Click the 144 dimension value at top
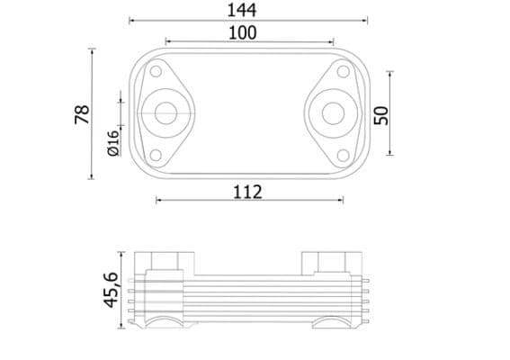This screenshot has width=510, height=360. click(x=243, y=10)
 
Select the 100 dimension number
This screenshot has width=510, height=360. click(x=243, y=32)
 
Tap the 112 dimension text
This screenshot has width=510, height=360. click(x=246, y=191)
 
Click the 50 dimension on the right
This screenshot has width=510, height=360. click(x=380, y=114)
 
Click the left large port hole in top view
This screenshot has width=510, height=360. click(x=165, y=113)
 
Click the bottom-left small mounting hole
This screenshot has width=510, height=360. click(x=157, y=155)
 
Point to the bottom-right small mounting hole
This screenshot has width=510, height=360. click(x=341, y=155)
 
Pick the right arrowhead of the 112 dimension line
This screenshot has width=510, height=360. click(x=341, y=200)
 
